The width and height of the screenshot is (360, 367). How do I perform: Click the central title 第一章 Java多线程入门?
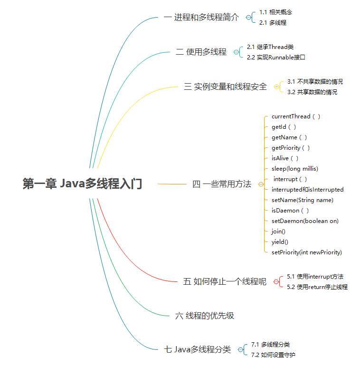(82, 184)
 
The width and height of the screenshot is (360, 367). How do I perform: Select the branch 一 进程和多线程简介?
(201, 18)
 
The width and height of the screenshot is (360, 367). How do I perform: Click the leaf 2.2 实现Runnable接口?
(276, 57)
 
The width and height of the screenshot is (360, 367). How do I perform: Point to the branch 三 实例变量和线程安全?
(226, 87)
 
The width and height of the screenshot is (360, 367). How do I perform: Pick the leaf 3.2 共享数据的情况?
(312, 92)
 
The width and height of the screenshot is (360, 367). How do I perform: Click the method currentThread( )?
(296, 116)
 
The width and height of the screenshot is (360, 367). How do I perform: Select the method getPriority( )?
(291, 148)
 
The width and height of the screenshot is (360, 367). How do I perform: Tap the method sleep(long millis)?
(294, 169)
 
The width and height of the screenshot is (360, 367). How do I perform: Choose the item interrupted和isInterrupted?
(307, 190)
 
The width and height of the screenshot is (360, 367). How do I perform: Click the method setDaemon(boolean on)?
(305, 221)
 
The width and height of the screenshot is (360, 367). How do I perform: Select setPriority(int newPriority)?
(306, 252)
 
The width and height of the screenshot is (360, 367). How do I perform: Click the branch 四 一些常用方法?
(222, 184)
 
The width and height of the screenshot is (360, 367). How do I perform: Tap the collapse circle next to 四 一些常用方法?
(261, 184)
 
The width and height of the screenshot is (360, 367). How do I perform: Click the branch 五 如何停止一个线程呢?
(225, 282)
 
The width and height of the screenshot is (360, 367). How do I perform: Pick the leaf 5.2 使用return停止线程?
(317, 287)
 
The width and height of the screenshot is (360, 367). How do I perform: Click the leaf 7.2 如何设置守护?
(273, 355)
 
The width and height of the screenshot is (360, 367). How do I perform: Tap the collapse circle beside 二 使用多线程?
(236, 52)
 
